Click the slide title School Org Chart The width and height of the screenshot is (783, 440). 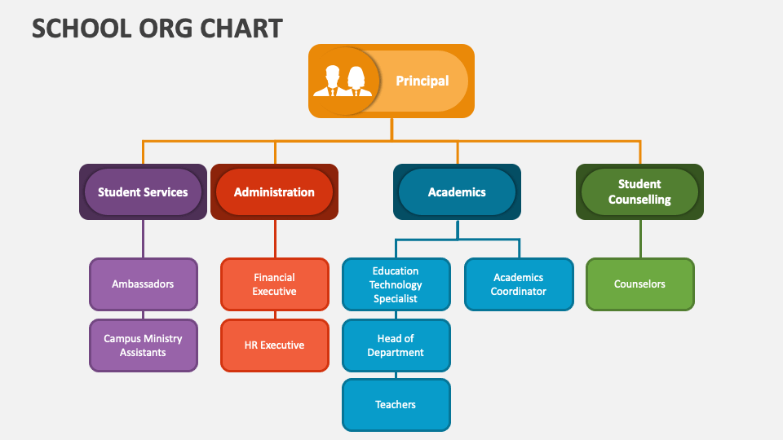pyautogui.click(x=157, y=28)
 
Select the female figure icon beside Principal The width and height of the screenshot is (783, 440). pyautogui.click(x=356, y=81)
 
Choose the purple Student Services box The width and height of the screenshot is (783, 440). pyautogui.click(x=143, y=192)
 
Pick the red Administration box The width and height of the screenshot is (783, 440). pyautogui.click(x=274, y=192)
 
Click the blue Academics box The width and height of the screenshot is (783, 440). pyautogui.click(x=457, y=192)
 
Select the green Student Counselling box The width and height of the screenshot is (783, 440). pyautogui.click(x=639, y=192)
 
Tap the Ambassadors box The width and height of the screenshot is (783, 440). pyautogui.click(x=143, y=284)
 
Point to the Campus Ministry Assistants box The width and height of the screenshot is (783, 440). pyautogui.click(x=143, y=345)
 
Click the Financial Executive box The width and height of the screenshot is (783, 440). pyautogui.click(x=274, y=284)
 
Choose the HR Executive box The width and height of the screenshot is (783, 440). pyautogui.click(x=274, y=345)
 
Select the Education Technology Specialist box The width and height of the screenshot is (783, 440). pyautogui.click(x=396, y=284)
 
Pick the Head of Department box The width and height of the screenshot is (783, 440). pyautogui.click(x=396, y=345)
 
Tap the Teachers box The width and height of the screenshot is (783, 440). pyautogui.click(x=396, y=405)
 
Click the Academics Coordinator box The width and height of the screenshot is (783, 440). pyautogui.click(x=519, y=284)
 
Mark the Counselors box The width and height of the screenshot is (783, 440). pyautogui.click(x=639, y=284)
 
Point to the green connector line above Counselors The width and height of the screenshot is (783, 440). pyautogui.click(x=639, y=239)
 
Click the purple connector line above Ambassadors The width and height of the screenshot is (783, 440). pyautogui.click(x=143, y=239)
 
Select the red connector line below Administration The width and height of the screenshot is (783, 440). pyautogui.click(x=274, y=239)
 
